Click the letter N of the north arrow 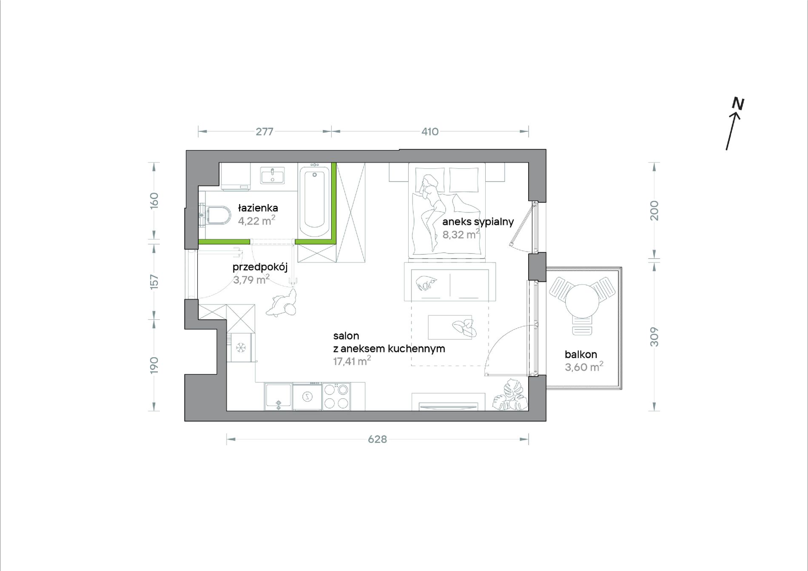click(738, 104)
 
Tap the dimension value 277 click(264, 132)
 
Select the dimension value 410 click(430, 132)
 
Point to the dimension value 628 click(377, 439)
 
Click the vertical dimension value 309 click(654, 337)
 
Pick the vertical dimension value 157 click(154, 282)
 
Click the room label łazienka click(258, 208)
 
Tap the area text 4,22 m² click(256, 220)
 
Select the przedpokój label click(260, 267)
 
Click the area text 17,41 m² click(352, 361)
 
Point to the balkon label click(581, 354)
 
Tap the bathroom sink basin click(272, 176)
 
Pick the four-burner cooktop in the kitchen click(336, 396)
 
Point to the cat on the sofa click(427, 283)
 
